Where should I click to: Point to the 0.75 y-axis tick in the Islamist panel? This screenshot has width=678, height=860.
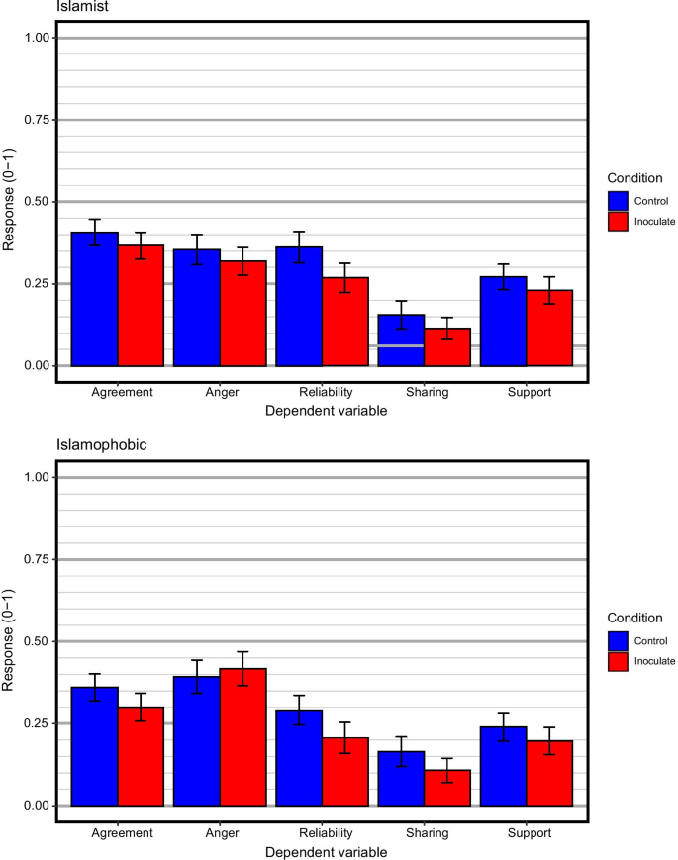pyautogui.click(x=36, y=120)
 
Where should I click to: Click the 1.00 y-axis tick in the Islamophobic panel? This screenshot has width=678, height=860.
pyautogui.click(x=36, y=478)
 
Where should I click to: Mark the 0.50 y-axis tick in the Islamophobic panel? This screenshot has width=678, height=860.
pyautogui.click(x=36, y=642)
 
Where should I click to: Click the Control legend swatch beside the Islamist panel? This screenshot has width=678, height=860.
pyautogui.click(x=620, y=201)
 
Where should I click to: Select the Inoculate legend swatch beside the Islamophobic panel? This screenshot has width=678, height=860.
pyautogui.click(x=620, y=661)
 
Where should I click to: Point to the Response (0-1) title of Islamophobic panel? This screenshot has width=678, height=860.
pyautogui.click(x=9, y=642)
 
